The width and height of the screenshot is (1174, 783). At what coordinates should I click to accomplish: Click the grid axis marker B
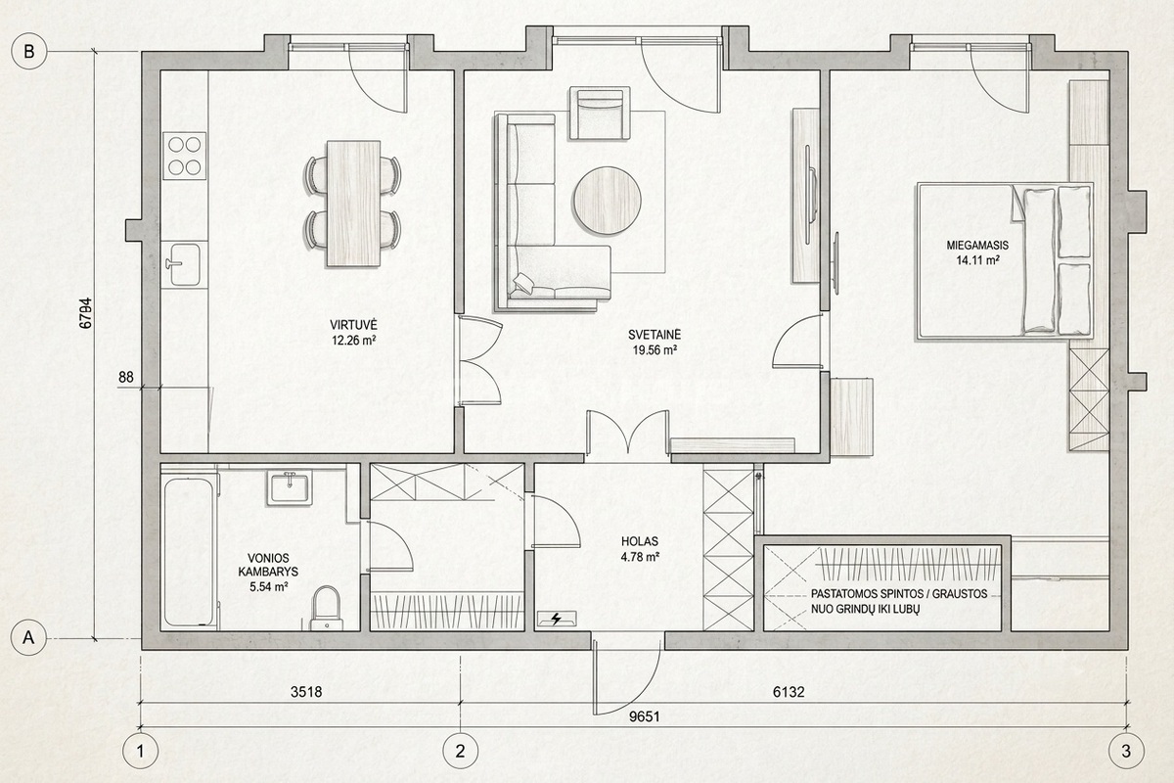pyautogui.click(x=28, y=52)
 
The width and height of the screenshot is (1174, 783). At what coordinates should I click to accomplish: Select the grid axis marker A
pyautogui.click(x=28, y=637)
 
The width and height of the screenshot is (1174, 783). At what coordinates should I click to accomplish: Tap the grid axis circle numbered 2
pyautogui.click(x=460, y=751)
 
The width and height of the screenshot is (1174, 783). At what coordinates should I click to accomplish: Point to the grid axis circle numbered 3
pyautogui.click(x=1126, y=751)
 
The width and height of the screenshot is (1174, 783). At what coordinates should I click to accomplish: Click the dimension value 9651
pyautogui.click(x=644, y=716)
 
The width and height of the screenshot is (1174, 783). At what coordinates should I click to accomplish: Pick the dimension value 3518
pyautogui.click(x=306, y=692)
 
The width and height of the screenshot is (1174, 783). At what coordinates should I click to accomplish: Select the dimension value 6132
pyautogui.click(x=789, y=692)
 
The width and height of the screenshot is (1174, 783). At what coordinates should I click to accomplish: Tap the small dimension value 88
pyautogui.click(x=126, y=377)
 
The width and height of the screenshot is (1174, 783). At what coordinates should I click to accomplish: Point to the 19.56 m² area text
pyautogui.click(x=655, y=349)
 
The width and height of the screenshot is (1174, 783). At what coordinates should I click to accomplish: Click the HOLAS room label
pyautogui.click(x=640, y=541)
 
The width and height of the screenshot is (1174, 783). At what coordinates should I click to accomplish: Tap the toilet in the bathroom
pyautogui.click(x=326, y=609)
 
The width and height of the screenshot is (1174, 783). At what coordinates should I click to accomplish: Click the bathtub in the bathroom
pyautogui.click(x=189, y=551)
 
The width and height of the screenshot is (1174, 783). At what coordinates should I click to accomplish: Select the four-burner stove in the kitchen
pyautogui.click(x=185, y=156)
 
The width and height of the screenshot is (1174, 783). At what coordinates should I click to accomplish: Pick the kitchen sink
pyautogui.click(x=182, y=264)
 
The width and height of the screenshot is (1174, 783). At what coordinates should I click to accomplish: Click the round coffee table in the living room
pyautogui.click(x=607, y=201)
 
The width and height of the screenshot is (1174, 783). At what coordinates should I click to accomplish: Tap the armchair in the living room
pyautogui.click(x=600, y=114)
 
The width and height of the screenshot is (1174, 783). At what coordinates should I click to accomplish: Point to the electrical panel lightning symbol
pyautogui.click(x=557, y=620)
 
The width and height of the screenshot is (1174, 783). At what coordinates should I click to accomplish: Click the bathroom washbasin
pyautogui.click(x=290, y=487)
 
